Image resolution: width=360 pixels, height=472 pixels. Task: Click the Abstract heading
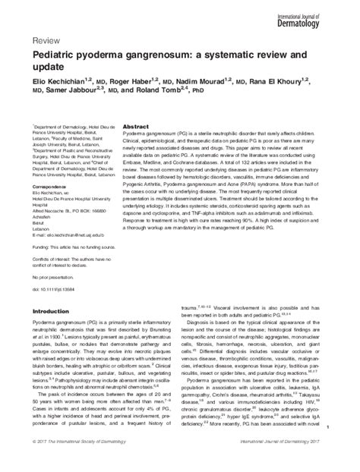[x=134, y=125]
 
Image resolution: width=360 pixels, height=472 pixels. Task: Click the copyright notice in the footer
[x=76, y=460]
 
